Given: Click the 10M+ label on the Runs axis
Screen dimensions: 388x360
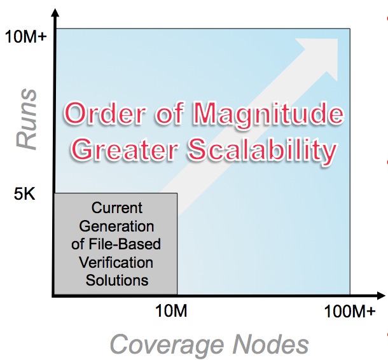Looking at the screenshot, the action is pos(25,37).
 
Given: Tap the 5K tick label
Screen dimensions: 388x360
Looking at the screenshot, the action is pos(25,193).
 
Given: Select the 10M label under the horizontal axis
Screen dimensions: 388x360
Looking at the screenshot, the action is pos(171,310).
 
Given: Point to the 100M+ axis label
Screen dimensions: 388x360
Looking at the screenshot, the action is pos(350,311).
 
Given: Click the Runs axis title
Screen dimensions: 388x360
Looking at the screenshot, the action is pos(27,119).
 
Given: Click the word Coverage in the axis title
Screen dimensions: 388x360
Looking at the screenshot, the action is pos(167,345).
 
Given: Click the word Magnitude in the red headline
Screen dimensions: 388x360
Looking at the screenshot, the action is pos(268,114).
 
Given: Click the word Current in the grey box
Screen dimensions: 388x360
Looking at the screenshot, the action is pos(117,207).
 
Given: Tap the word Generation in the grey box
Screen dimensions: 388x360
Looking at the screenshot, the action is pos(116,226).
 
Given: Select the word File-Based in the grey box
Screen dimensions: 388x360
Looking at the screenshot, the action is pos(125,244).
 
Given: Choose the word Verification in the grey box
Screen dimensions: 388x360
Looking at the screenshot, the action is pos(116,262).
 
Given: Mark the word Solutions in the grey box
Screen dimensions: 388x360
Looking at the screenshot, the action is pos(117,280).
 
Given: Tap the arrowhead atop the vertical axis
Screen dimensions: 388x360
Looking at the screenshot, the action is pos(55,13).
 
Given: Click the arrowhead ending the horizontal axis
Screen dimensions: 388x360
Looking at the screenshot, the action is pos(380,295).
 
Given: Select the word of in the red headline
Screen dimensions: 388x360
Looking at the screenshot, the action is pos(170,113).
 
